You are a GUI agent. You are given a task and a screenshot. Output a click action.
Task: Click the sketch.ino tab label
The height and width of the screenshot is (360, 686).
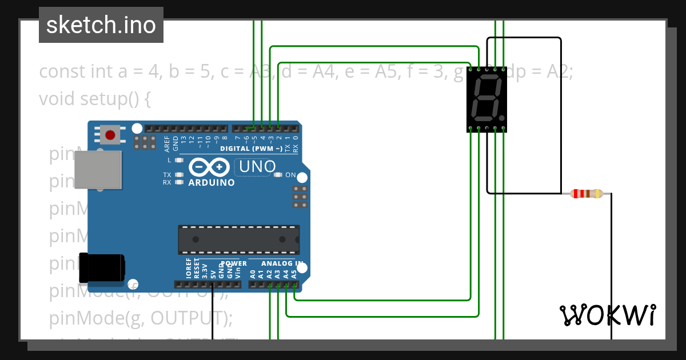click(101, 25)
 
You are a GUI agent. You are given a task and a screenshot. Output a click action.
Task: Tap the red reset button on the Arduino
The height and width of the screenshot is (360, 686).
click(109, 135)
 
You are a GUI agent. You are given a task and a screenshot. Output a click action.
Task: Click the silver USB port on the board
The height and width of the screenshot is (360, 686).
click(98, 170)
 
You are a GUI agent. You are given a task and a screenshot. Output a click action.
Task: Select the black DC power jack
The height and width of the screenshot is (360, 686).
click(102, 268)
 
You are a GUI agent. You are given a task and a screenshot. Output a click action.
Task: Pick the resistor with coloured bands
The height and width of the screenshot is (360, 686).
click(587, 194)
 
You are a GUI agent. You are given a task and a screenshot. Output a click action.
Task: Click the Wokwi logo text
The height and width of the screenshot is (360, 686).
click(608, 315)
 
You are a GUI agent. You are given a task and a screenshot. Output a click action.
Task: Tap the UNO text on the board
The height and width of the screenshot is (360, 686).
click(257, 167)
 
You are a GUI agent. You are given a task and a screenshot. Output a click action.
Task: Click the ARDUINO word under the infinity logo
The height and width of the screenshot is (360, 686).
click(212, 183)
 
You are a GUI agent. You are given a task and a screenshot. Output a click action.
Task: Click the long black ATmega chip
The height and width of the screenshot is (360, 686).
click(238, 239)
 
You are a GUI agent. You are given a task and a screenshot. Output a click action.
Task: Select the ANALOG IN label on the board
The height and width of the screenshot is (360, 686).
click(282, 263)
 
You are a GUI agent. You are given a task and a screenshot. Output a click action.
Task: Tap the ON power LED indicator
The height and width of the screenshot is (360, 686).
click(279, 175)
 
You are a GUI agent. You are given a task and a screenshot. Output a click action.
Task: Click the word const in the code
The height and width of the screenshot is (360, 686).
click(62, 72)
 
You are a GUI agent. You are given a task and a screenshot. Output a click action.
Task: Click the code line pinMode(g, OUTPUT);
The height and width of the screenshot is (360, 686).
click(141, 317)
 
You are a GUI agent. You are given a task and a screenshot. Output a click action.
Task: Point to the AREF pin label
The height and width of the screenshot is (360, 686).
click(167, 142)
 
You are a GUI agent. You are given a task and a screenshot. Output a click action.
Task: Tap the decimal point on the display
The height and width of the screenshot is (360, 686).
click(502, 114)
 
